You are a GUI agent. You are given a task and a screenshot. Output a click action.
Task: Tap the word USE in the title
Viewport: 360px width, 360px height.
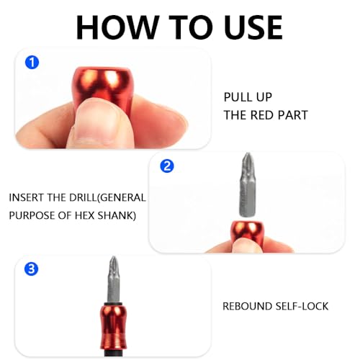253,27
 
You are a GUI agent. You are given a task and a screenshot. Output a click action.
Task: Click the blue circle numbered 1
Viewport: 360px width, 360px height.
32,63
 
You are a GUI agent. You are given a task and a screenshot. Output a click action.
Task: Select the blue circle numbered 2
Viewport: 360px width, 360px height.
167,166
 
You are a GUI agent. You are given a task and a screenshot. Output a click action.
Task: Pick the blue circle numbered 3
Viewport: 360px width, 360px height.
32,269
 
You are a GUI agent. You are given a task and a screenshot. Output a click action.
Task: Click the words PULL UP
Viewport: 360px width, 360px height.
248,97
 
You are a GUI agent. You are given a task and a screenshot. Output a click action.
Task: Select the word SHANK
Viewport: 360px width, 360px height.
117,215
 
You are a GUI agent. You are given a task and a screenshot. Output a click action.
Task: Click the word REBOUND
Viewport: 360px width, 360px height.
247,307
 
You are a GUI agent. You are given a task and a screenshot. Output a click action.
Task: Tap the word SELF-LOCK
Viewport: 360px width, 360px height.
302,307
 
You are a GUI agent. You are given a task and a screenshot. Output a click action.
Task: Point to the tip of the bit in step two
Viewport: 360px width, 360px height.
246,154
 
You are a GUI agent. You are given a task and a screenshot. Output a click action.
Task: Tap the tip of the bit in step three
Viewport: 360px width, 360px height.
113,258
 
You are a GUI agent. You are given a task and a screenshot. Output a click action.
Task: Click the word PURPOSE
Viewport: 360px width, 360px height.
32,215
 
